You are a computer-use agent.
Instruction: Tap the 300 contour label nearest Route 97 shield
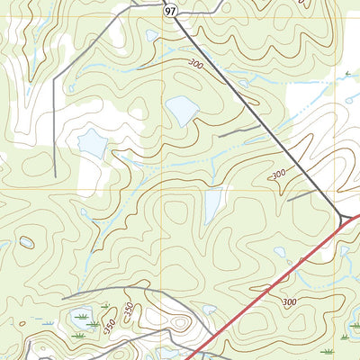tap(196, 64)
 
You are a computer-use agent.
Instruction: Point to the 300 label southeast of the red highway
tap(288, 302)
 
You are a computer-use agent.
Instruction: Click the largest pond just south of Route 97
tap(181, 111)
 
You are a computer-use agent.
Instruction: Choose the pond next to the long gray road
tap(93, 142)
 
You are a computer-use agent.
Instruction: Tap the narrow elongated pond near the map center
tap(213, 206)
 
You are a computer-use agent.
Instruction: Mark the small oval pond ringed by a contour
tap(27, 242)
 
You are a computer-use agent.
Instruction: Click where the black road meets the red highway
tap(347, 219)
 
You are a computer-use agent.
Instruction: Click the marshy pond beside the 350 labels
tap(81, 318)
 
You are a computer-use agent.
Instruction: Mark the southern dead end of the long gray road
tap(55, 176)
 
